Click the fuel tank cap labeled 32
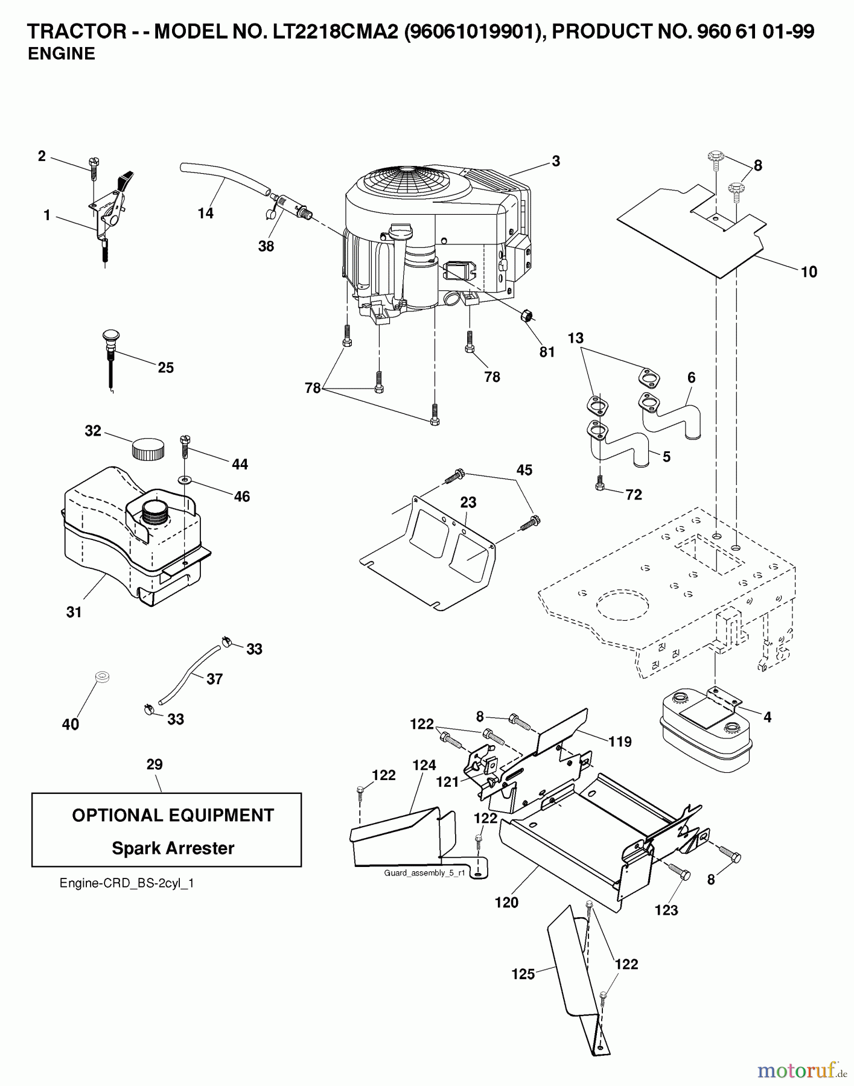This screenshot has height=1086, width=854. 147,448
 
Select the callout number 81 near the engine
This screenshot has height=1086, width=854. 547,352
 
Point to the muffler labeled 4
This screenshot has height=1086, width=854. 705,734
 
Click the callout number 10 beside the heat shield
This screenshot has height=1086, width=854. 808,271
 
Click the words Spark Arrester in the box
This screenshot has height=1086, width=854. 173,848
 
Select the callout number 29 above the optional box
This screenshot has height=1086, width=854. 155,764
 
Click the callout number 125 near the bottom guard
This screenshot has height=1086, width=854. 523,974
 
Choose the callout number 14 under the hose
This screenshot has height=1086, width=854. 205,213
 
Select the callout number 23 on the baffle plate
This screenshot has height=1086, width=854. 468,502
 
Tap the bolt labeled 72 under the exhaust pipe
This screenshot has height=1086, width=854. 600,484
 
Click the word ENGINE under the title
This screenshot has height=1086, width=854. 62,54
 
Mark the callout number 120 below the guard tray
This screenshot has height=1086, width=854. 506,902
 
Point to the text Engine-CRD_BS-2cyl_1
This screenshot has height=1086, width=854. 127,883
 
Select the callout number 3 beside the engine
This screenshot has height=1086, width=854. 555,160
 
